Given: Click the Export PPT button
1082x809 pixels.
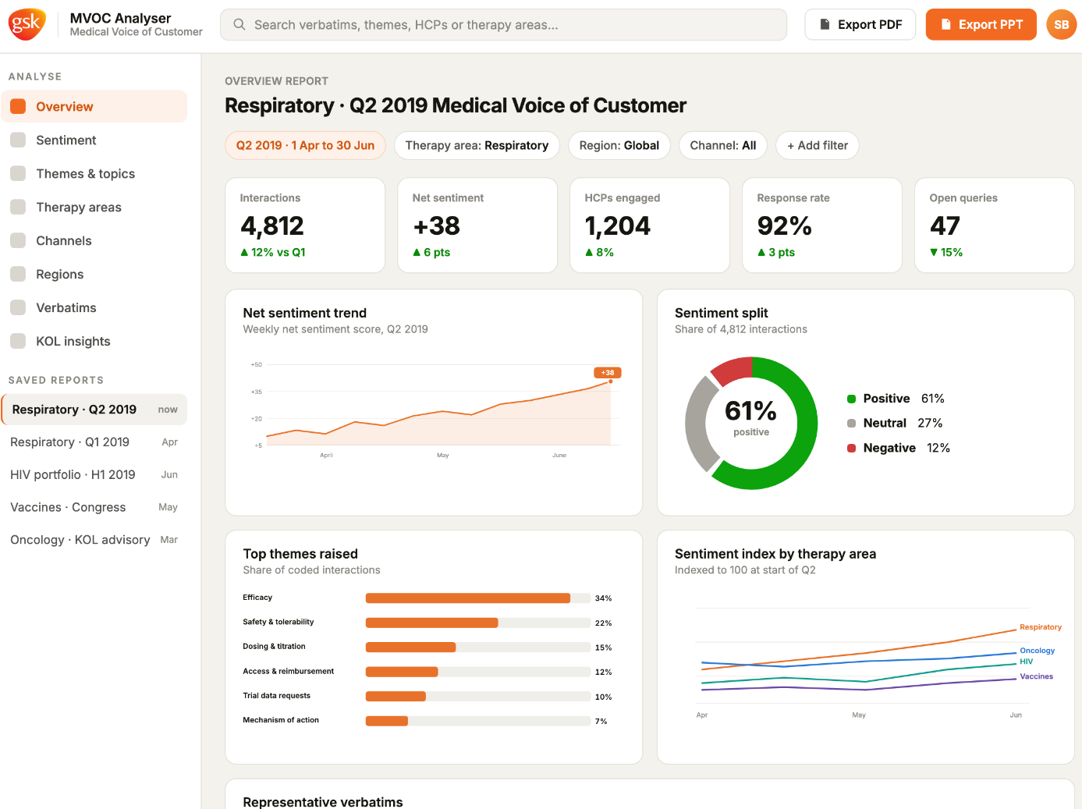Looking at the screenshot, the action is [981, 25].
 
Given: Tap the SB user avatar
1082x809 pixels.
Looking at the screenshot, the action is [1061, 25].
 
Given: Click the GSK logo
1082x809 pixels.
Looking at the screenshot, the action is [27, 23].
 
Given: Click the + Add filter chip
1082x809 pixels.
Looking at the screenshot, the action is [818, 145].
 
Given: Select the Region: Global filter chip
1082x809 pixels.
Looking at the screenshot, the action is [619, 145].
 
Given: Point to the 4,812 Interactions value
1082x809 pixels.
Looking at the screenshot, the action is [272, 225].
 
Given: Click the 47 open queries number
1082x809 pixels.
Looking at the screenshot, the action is [945, 225].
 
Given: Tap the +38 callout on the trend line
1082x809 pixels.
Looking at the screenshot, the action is [607, 373].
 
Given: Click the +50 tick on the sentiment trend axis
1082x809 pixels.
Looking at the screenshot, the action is [257, 365].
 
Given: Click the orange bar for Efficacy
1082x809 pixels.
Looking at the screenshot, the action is [468, 598].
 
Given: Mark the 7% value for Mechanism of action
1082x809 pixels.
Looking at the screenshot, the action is [601, 722].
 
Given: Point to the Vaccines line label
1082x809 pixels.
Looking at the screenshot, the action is [1036, 676].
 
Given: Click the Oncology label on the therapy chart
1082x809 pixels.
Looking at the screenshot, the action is [1037, 651].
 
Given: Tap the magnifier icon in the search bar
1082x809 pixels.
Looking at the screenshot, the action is [239, 25].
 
